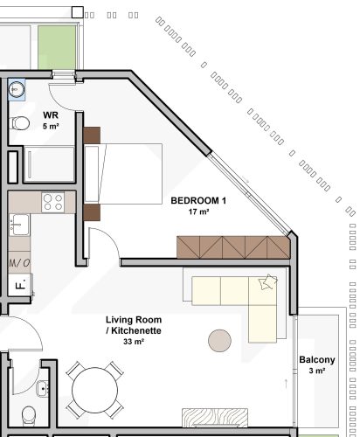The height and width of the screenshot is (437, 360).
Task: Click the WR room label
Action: coord(50,114)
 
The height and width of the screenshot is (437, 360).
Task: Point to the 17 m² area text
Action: coord(198,212)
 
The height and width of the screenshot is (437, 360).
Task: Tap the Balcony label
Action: coord(316,360)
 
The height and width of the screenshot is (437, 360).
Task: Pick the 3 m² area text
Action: coord(317,371)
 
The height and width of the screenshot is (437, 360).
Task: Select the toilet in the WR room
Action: coord(18,124)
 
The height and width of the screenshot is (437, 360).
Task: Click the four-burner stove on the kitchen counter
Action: coord(53,203)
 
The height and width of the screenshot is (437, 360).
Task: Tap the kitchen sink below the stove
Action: coord(18,226)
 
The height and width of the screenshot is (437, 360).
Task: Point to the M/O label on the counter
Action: coord(19,262)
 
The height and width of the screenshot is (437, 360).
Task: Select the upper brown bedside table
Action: coord(93,135)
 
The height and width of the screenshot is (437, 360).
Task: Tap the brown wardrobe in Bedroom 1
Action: coord(232,247)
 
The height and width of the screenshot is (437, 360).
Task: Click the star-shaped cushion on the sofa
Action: coord(267,281)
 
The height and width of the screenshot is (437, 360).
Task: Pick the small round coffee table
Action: coord(219,338)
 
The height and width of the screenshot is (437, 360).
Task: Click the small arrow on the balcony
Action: coord(287,382)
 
